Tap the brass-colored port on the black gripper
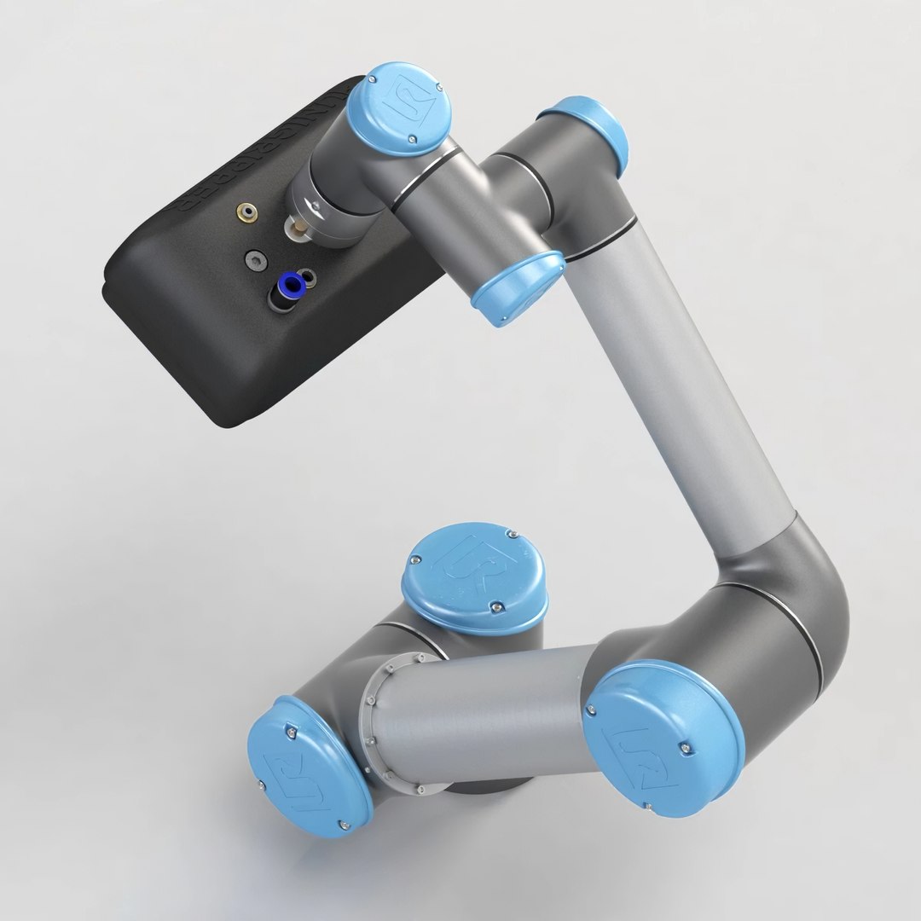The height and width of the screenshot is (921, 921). point(248,210)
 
